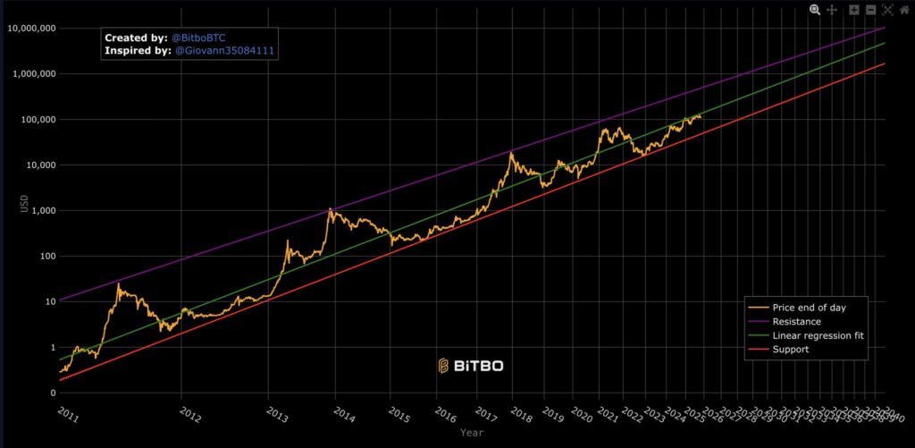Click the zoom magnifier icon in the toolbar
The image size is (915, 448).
[815, 9]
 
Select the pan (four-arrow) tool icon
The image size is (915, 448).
[832, 9]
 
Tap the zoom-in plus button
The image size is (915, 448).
[854, 9]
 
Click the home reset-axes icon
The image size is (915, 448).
[904, 9]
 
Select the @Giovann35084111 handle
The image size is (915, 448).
[223, 52]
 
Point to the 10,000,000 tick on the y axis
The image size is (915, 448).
[31, 29]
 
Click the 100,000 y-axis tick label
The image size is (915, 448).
[37, 120]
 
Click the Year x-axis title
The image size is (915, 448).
[473, 433]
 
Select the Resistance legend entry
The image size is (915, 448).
[796, 321]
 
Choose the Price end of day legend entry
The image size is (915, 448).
[809, 308]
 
